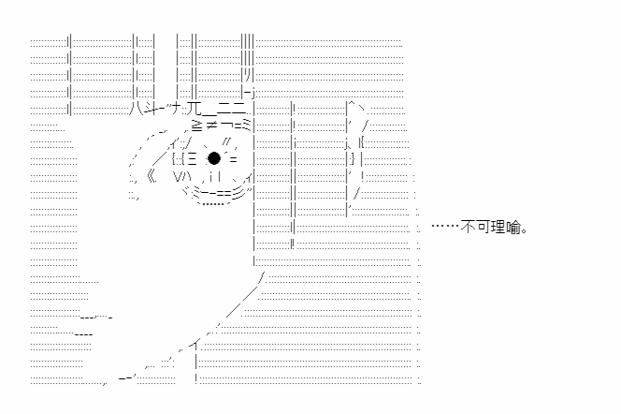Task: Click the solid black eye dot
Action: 214,158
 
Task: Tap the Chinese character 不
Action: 469,228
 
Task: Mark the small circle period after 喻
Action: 525,230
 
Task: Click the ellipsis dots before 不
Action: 445,226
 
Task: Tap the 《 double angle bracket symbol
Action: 152,176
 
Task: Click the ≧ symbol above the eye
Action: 197,126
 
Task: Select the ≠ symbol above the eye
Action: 211,126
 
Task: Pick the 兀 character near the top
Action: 195,108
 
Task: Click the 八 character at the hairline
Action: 135,108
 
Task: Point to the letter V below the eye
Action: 178,176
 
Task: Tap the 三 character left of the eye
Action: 192,158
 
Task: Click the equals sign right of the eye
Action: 233,160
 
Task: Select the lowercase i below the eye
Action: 211,176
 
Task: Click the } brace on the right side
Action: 353,158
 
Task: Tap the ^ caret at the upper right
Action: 352,104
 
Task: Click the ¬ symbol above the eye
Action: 227,126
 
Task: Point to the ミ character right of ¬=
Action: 246,126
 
